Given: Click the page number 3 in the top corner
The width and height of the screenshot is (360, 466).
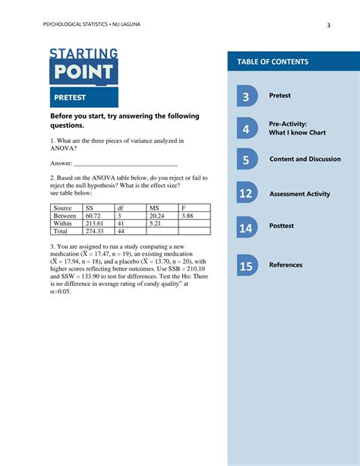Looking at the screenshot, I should point(328,25).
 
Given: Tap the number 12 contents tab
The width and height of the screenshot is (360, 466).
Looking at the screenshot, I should point(246,194).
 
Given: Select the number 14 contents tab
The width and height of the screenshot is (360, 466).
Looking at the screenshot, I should point(246,227).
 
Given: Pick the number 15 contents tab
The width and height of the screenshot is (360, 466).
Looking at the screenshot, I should point(246,266).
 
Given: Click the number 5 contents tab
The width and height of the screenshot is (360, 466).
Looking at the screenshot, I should point(246,160).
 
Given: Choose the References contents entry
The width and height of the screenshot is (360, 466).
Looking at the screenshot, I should point(286,265).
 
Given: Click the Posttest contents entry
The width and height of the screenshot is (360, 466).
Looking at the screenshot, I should point(282,226).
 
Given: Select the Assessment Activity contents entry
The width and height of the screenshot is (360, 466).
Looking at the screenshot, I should point(299,194).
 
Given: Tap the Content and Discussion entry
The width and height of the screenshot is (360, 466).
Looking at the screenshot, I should point(305,159).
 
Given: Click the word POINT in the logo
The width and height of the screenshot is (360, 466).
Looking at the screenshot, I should point(84,73).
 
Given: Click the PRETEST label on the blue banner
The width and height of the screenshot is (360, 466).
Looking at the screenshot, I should point(70,97).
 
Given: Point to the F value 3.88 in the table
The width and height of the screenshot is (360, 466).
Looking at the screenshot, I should point(188,216).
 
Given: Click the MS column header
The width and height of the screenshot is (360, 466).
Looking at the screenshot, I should point(154,208).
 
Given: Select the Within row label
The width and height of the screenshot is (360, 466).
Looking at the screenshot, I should point(63,223).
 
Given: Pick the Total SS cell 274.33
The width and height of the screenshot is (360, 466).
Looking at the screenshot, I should point(94,231).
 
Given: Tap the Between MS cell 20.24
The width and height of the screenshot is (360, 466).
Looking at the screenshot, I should point(157,216).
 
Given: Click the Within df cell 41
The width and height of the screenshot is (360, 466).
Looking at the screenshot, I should point(121,223).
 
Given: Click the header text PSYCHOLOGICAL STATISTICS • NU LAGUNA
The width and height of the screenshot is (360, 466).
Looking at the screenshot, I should point(91,25).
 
